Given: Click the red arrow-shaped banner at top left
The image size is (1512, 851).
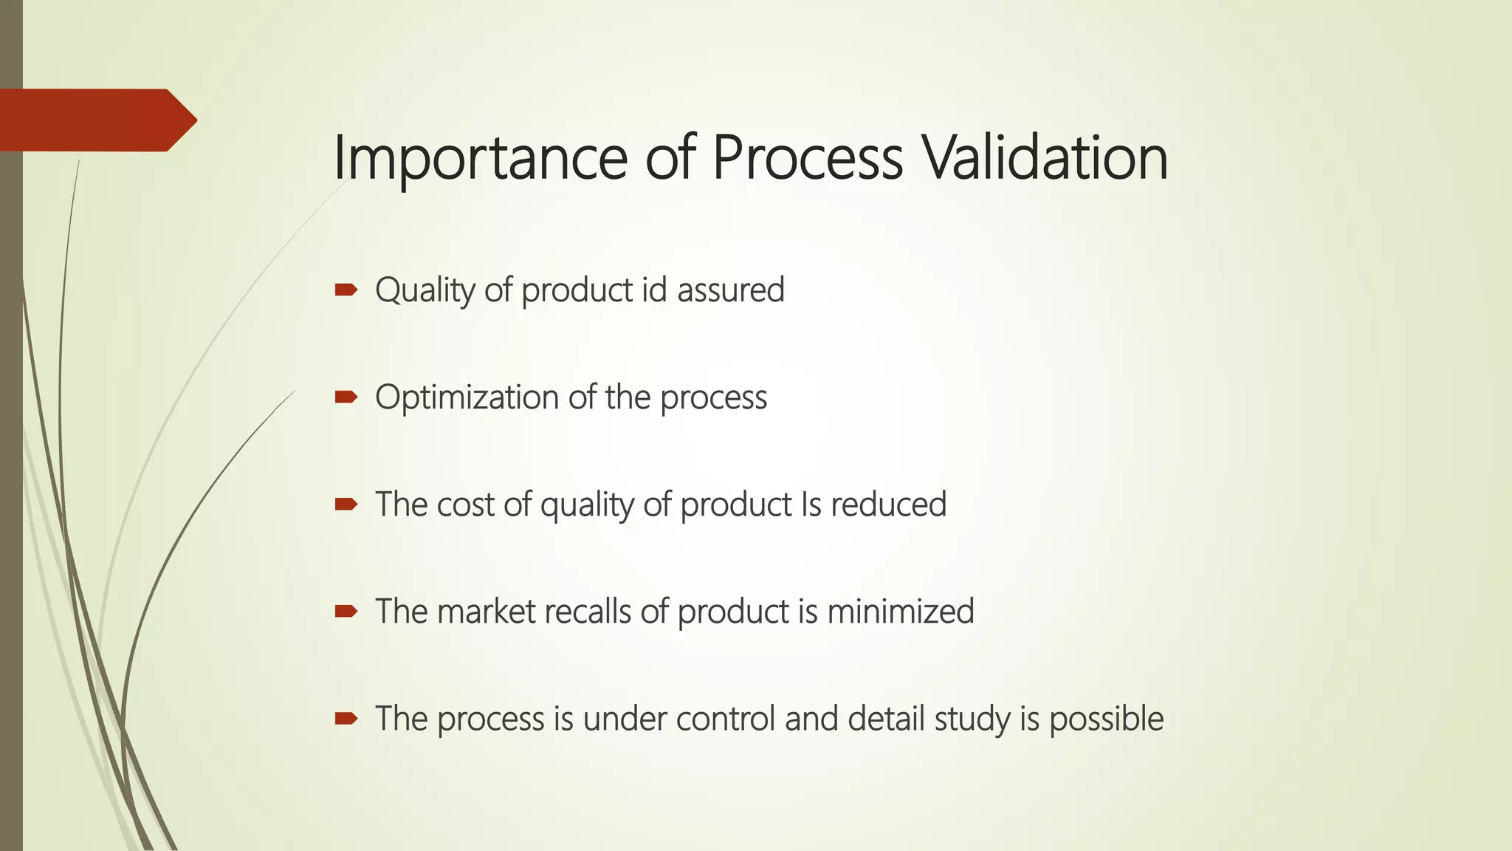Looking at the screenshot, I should [x=96, y=120].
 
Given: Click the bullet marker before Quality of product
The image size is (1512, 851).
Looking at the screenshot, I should [x=346, y=290].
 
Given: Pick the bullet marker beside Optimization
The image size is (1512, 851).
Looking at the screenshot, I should [x=346, y=397].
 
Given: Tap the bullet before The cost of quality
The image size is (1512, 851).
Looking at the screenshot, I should [x=346, y=505].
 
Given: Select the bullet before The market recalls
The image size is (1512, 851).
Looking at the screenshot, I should [x=346, y=612].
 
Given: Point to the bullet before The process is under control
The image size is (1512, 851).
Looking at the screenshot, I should [x=346, y=719].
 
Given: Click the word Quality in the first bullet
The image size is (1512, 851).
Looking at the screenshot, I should [x=425, y=290].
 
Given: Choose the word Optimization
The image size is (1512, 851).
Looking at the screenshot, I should [x=467, y=397].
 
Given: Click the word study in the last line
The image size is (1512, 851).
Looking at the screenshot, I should [x=972, y=719].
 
